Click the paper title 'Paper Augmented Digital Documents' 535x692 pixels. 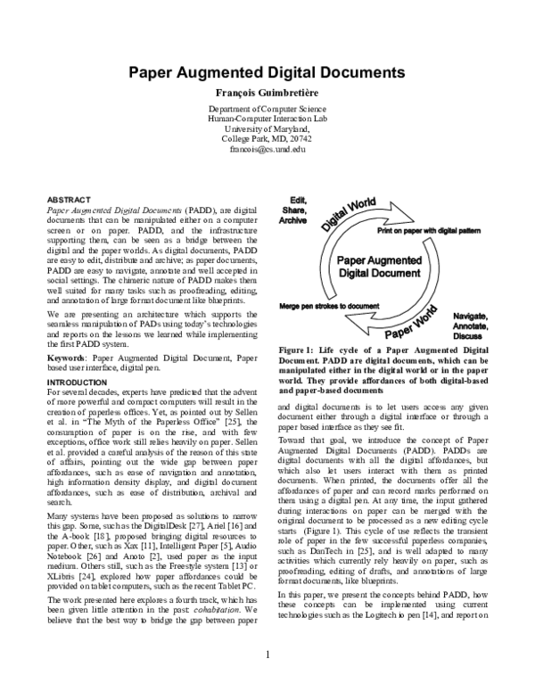coord(267,73)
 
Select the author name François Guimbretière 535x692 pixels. coord(267,93)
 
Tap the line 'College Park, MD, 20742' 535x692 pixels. coord(267,138)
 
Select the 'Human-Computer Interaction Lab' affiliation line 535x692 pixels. coord(267,118)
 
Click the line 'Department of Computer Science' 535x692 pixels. coord(267,108)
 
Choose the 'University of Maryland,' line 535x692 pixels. coord(267,128)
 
